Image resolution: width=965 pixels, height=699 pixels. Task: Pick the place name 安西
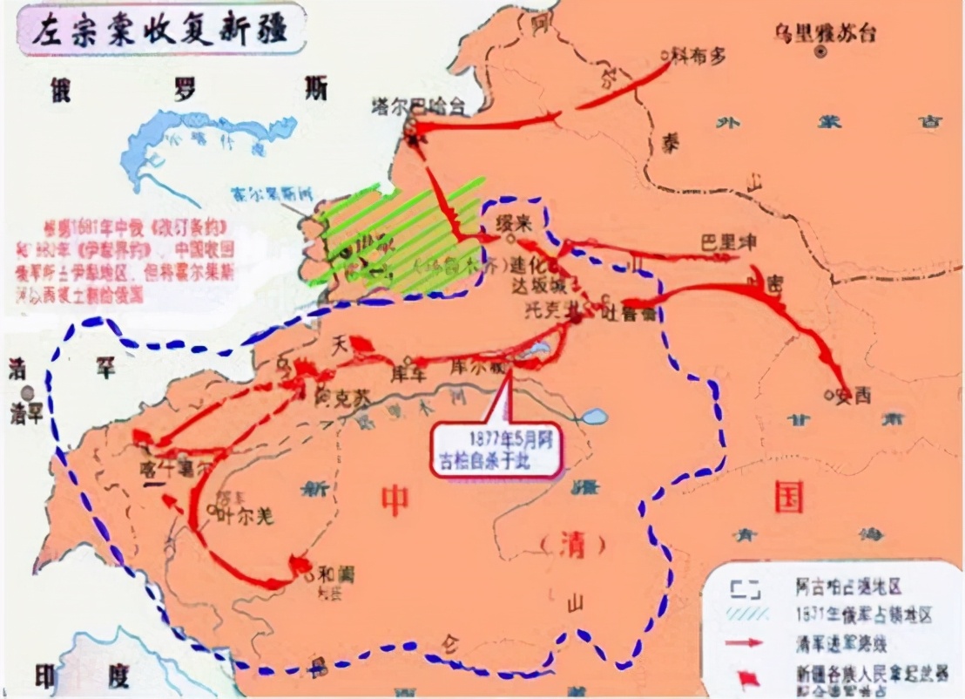point(854,395)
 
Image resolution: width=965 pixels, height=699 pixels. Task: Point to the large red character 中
point(395,499)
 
